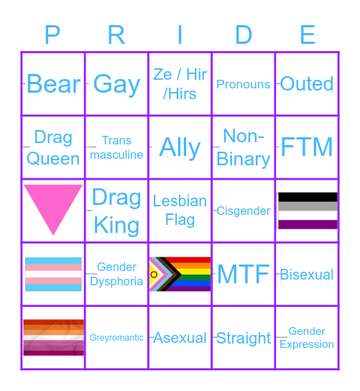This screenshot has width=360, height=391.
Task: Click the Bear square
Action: (53, 84)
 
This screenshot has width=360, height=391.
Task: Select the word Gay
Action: (116, 84)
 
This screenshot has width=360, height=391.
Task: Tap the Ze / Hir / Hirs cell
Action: (180, 84)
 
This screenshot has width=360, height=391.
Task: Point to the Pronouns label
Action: (244, 84)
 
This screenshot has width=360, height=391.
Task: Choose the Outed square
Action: (307, 84)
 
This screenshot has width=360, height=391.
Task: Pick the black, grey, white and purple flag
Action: (308, 211)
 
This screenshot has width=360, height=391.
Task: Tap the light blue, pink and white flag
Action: (53, 274)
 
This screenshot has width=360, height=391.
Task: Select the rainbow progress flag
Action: (180, 274)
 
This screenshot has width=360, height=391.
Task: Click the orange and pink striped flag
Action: (53, 337)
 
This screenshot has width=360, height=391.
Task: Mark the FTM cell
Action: (307, 147)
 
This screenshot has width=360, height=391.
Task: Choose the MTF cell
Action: (244, 274)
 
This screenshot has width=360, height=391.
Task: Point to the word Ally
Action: (180, 147)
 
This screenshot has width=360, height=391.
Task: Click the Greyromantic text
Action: (116, 337)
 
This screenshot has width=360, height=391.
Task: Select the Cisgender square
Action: (244, 211)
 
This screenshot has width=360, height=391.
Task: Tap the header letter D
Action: (244, 34)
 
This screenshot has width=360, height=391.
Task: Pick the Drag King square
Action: (116, 211)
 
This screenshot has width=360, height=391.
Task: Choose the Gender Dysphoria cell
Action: (116, 274)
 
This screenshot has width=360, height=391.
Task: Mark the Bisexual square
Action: (307, 274)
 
